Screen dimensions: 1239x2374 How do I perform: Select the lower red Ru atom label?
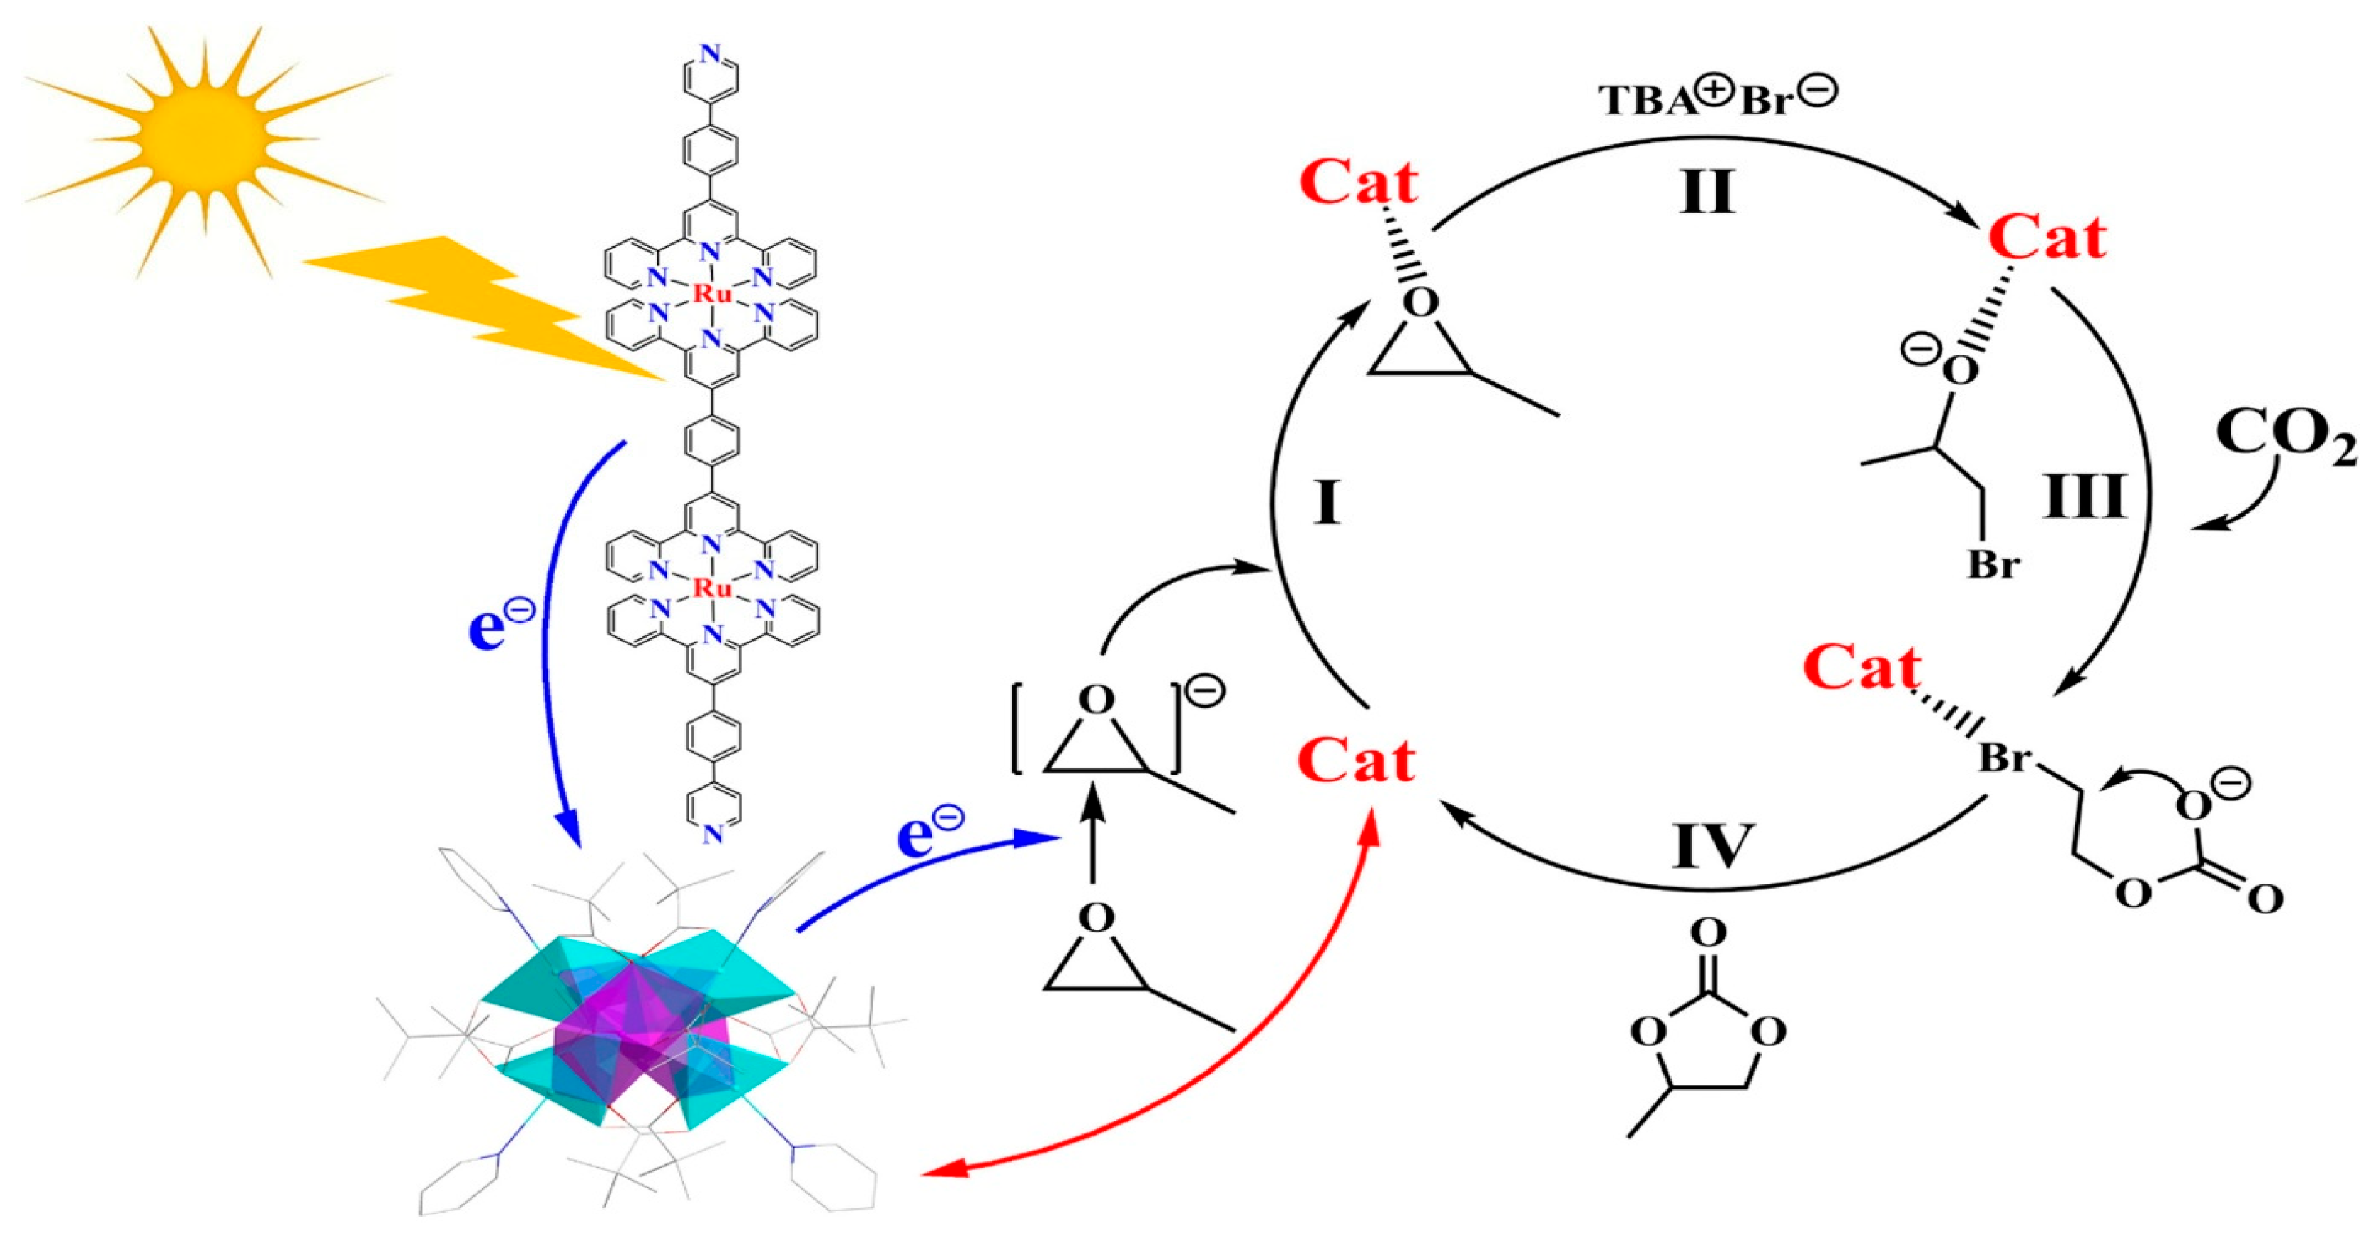tap(711, 588)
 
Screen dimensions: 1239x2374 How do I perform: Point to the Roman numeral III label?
tap(2085, 498)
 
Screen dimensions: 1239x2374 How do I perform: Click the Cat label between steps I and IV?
tap(1357, 762)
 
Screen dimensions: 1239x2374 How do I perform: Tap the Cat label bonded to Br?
tap(1864, 668)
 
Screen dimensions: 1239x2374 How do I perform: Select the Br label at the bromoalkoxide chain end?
tap(1993, 564)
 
